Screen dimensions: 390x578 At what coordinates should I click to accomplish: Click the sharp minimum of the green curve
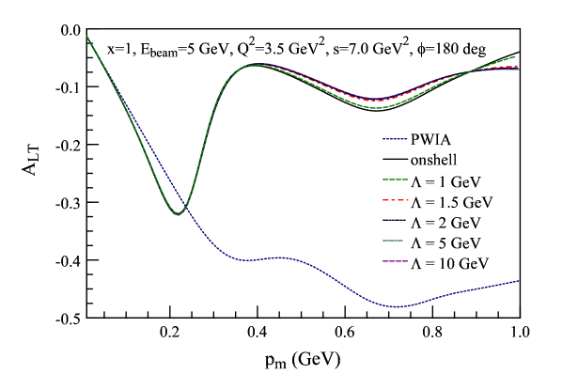pyautogui.click(x=177, y=214)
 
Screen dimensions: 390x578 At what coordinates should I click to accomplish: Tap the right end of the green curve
pyautogui.click(x=515, y=56)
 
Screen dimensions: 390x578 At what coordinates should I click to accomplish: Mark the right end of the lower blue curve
pyautogui.click(x=519, y=281)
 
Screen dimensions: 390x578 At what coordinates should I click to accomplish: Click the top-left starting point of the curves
pyautogui.click(x=86, y=36)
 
